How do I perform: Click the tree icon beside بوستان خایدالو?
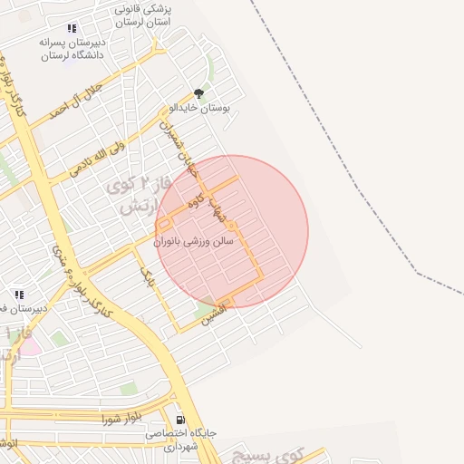[x=198, y=92]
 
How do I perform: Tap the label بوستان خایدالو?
[x=199, y=107]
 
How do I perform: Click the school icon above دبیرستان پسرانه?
[x=72, y=28]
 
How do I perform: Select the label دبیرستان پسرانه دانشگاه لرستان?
[x=72, y=48]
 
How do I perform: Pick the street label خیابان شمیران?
[x=178, y=146]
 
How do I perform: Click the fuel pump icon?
[x=180, y=420]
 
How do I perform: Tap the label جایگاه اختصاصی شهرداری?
[x=181, y=440]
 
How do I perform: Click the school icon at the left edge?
[x=19, y=295]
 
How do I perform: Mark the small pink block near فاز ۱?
[x=27, y=344]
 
